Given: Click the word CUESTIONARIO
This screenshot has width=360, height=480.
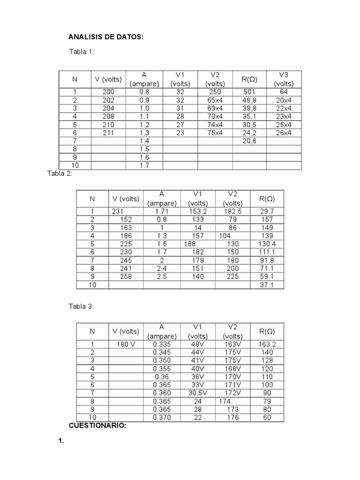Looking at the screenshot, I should tap(97, 426).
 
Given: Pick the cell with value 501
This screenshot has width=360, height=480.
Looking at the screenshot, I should tap(249, 92).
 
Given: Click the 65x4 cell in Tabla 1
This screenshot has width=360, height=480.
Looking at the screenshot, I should tap(215, 100).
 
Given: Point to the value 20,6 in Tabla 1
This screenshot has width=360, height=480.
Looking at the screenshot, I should tap(249, 141).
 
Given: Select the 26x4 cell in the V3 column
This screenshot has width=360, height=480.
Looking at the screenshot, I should tap(284, 133).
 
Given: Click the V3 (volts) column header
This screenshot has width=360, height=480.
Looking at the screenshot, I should tap(284, 79).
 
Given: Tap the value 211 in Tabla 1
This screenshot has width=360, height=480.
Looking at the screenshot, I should tap(108, 133).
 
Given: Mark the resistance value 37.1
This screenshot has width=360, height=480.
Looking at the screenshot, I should tap(267, 285).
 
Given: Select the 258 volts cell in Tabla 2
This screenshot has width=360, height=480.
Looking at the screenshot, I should tap(126, 276).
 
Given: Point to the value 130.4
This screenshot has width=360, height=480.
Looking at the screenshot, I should tap(267, 244).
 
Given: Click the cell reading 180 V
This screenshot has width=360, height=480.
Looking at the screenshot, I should tap(126, 344).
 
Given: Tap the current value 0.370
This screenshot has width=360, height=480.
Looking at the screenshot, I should tap(162, 417).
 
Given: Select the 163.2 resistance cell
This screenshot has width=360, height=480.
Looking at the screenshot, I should tap(267, 344).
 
